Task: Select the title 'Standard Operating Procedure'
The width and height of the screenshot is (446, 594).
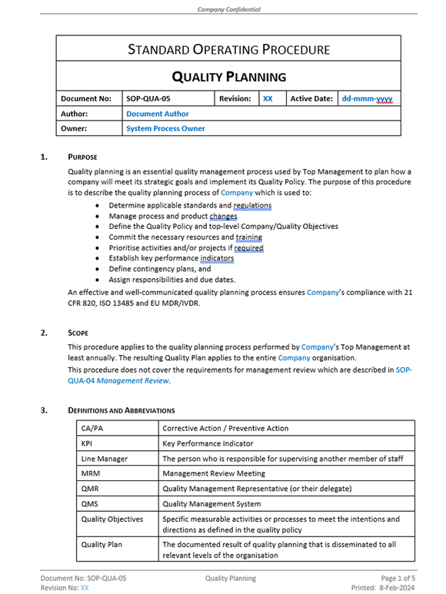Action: tap(228, 50)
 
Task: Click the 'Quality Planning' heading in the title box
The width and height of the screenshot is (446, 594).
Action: tap(228, 77)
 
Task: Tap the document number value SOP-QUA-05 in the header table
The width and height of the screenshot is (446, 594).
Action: tap(148, 99)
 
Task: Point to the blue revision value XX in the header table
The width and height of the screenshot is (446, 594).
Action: tap(268, 99)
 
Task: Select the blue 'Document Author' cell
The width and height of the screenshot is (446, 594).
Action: tap(158, 114)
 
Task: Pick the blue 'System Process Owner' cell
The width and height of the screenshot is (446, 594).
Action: tap(165, 128)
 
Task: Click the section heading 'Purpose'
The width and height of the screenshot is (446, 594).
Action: tap(82, 157)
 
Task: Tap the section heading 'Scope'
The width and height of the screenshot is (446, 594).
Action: tap(78, 333)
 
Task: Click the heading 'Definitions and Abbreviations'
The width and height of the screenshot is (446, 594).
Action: tap(121, 410)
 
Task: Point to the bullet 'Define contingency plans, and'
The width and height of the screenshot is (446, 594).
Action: tap(159, 270)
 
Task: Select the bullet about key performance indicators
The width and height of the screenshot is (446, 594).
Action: tap(171, 259)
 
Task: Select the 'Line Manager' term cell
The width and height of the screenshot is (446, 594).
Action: tap(105, 459)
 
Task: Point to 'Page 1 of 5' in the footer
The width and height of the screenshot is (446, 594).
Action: tap(393, 578)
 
